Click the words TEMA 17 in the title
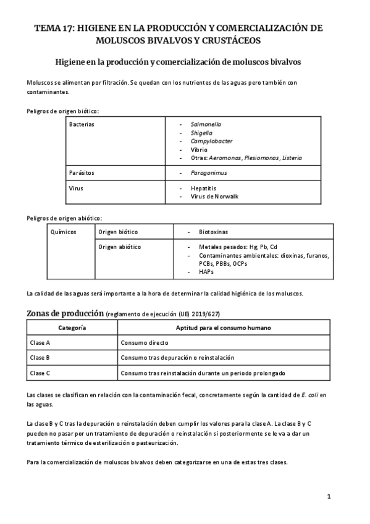[52, 28]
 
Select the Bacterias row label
[83, 124]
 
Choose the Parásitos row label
[82, 172]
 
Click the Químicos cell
[62, 232]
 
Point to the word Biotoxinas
[215, 232]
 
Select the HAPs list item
[206, 271]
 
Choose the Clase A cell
[40, 342]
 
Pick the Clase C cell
[40, 373]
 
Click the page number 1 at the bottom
[329, 496]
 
